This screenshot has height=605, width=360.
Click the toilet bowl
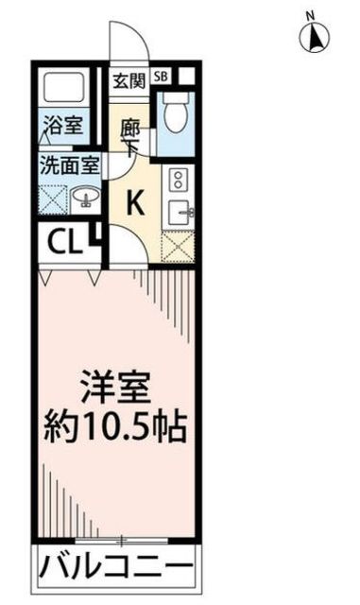tap(174, 114)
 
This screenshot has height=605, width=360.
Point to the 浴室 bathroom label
tap(60, 122)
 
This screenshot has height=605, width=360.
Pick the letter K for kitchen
tap(134, 201)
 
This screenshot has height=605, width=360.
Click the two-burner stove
tap(178, 180)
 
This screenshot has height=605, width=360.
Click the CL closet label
tap(61, 245)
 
